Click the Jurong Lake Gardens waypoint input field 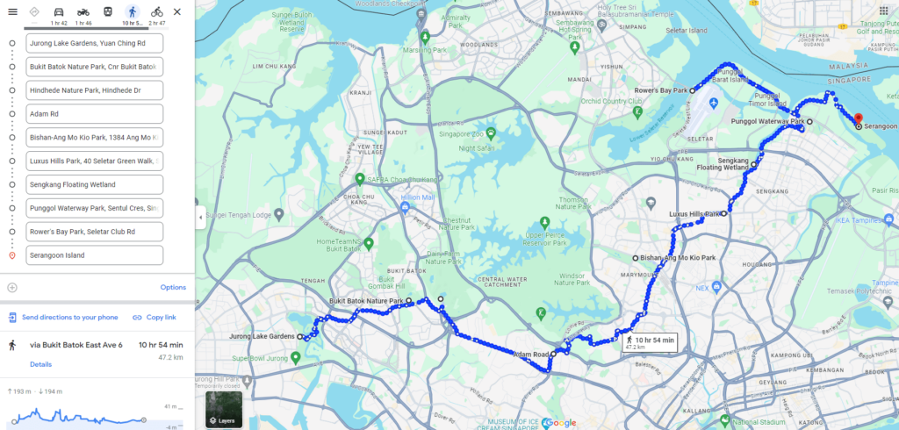(95, 43)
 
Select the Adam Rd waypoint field (95, 114)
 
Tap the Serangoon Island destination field (95, 255)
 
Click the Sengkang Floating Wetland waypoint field (95, 184)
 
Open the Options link (173, 287)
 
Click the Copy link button (155, 317)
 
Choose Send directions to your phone (63, 317)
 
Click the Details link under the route (40, 364)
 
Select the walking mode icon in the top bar (132, 11)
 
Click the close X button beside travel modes (177, 11)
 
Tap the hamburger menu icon (12, 11)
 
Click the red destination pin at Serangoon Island (859, 120)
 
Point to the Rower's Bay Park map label (661, 90)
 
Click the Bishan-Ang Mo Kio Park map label (678, 258)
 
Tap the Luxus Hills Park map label (694, 213)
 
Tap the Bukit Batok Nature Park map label (365, 301)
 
